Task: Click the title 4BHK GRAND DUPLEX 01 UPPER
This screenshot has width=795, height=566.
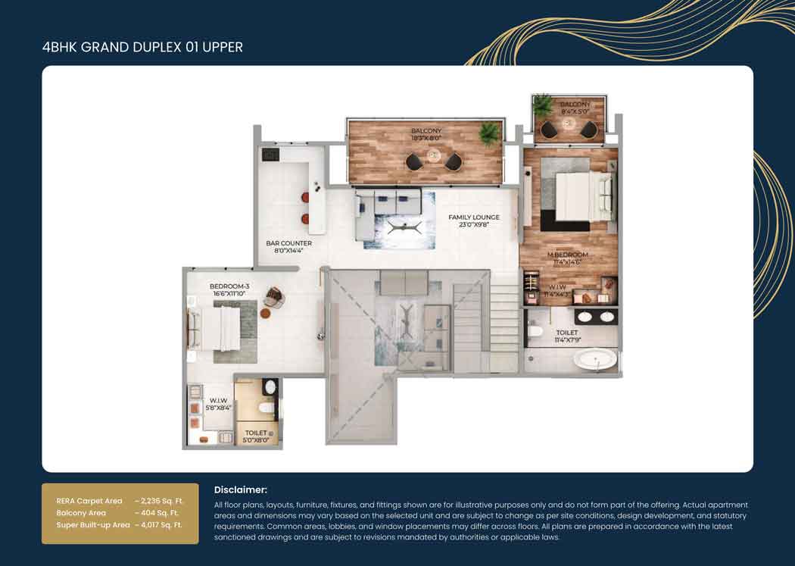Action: click(142, 48)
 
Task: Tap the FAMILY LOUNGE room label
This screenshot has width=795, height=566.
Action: click(470, 217)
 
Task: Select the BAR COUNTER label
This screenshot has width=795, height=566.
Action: click(288, 243)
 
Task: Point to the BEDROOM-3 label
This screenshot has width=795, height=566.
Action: click(229, 286)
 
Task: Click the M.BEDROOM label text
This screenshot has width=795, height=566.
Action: click(567, 255)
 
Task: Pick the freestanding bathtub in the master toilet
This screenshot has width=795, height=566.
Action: click(594, 358)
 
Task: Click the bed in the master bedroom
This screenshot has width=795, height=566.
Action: click(582, 195)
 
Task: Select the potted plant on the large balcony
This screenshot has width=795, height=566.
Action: click(489, 133)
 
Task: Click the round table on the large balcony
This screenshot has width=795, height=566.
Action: click(434, 155)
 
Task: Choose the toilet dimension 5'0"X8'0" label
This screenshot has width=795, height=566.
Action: click(256, 440)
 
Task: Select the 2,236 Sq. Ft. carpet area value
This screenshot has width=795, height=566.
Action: click(159, 501)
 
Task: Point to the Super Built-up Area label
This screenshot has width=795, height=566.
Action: click(93, 524)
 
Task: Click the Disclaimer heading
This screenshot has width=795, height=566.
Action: click(241, 490)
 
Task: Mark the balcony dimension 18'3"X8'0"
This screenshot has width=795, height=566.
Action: click(426, 139)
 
